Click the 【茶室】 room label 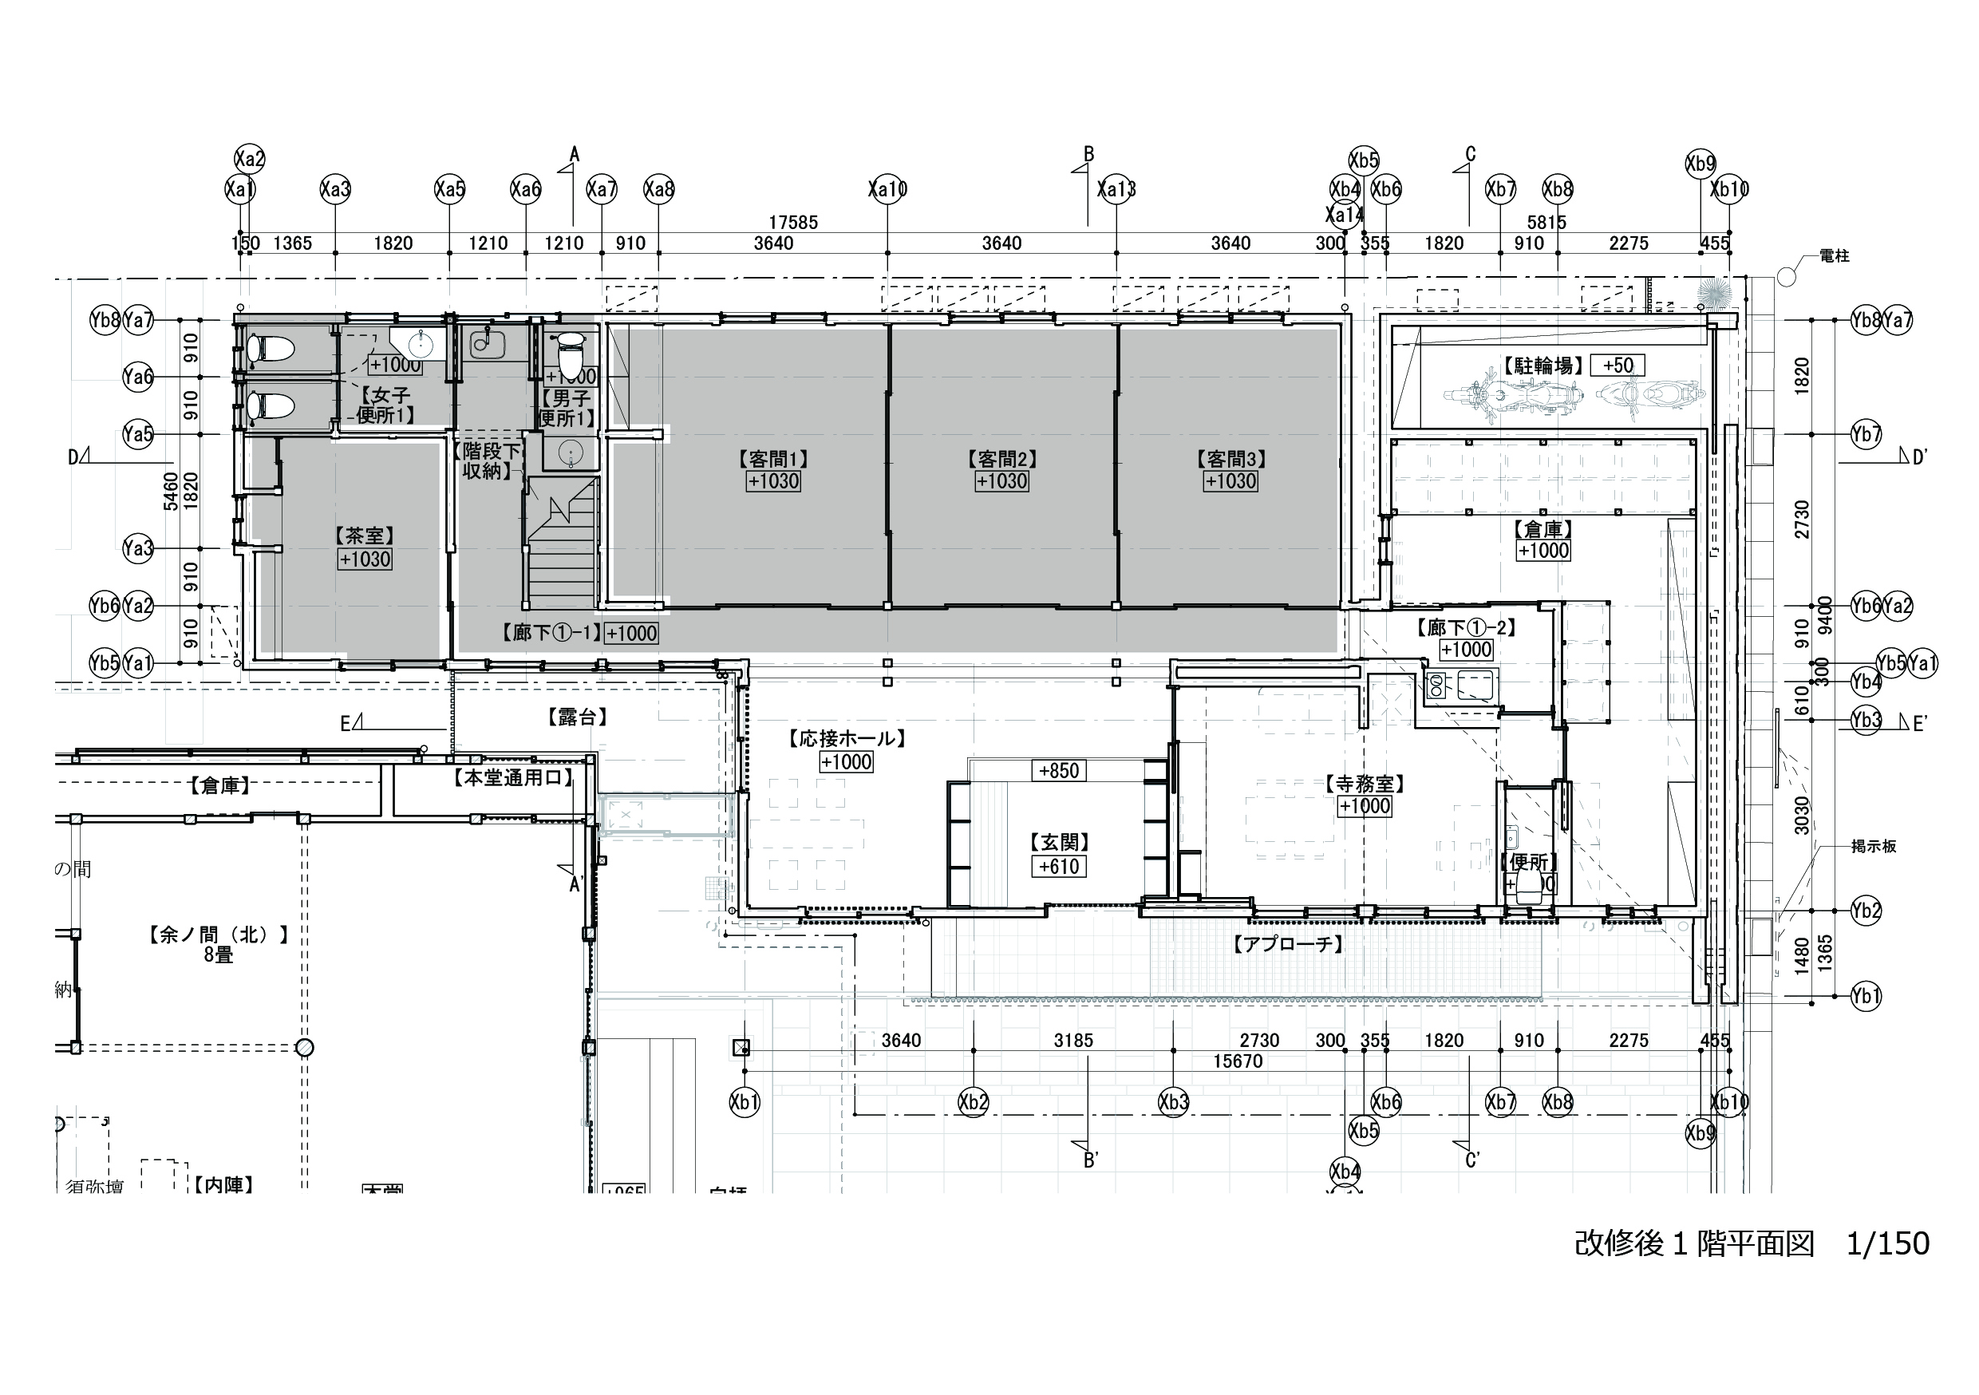tap(365, 535)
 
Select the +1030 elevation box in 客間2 tap(1001, 481)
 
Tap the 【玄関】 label tap(1059, 842)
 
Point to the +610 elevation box tap(1059, 867)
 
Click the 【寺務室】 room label tap(1365, 784)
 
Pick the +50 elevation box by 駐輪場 tap(1617, 366)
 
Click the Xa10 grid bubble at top tap(888, 189)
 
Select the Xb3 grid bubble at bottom tap(1174, 1102)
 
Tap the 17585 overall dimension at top tap(793, 223)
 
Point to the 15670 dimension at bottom tap(1238, 1061)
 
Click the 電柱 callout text tap(1835, 256)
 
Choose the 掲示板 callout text tap(1874, 847)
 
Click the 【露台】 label tap(577, 717)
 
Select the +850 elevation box tap(1059, 771)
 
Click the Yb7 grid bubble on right tap(1866, 434)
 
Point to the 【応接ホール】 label tap(847, 739)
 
